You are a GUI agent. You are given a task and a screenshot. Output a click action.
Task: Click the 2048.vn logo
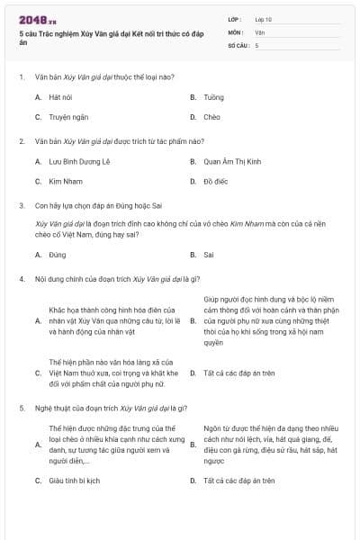[37, 20]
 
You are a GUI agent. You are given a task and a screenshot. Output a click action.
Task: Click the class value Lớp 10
[264, 19]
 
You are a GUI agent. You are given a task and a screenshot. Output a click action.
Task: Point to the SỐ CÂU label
[238, 44]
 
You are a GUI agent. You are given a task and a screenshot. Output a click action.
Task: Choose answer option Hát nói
[60, 95]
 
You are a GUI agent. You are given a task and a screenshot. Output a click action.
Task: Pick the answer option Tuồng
[213, 95]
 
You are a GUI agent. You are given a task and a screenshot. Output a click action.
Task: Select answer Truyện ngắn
[67, 117]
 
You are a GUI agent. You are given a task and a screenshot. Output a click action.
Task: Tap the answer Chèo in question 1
[211, 117]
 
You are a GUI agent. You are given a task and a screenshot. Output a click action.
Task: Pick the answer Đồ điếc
[215, 182]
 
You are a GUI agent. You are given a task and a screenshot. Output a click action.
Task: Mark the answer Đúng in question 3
[58, 255]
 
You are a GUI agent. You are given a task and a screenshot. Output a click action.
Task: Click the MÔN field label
[236, 31]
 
